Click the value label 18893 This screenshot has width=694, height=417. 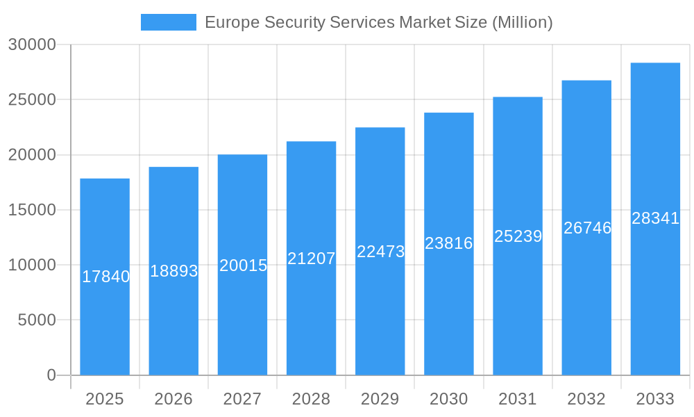(x=174, y=271)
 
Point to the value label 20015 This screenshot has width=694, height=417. (x=243, y=265)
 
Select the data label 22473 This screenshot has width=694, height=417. (x=380, y=252)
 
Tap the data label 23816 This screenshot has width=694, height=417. (x=449, y=243)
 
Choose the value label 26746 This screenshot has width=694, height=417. (x=587, y=228)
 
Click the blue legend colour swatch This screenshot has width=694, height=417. (x=169, y=22)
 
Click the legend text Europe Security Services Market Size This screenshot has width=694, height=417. (x=378, y=22)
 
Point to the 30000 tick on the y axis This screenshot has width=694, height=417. (x=32, y=44)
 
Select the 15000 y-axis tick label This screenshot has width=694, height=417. (x=32, y=210)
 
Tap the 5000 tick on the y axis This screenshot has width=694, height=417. (x=36, y=320)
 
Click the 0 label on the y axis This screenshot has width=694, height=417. (x=51, y=375)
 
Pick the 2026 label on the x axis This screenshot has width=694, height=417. (x=173, y=399)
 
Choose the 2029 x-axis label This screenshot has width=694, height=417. (x=380, y=399)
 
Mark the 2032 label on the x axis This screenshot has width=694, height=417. (x=586, y=399)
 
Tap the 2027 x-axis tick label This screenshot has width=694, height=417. (x=242, y=399)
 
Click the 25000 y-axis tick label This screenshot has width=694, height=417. (x=32, y=99)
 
